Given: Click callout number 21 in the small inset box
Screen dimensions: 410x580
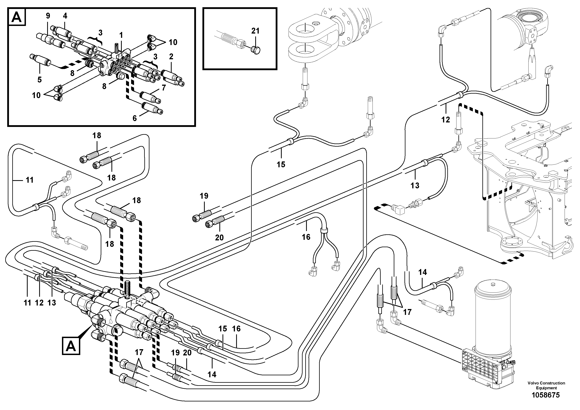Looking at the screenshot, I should coord(255,31).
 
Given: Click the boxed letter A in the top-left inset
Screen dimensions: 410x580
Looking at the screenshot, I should coord(17,17).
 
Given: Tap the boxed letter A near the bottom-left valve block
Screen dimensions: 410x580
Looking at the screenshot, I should coord(71,346).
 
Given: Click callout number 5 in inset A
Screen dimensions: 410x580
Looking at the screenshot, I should coord(39,80).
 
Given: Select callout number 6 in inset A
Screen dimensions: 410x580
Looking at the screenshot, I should coord(135,118).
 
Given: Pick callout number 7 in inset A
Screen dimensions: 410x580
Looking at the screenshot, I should coord(164,88).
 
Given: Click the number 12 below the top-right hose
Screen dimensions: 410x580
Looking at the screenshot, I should coord(446,120).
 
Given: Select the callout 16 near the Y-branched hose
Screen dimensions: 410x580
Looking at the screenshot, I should coord(306,237).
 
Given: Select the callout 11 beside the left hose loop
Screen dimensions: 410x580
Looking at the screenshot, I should coord(30,180).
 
